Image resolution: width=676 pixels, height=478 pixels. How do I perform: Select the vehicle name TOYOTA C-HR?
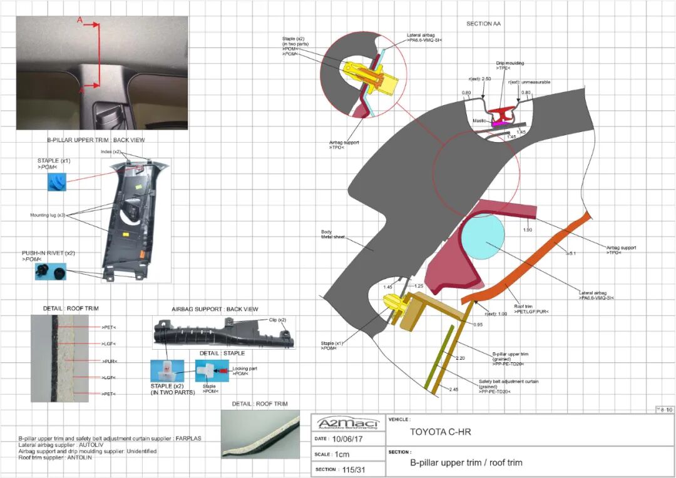pyautogui.click(x=439, y=432)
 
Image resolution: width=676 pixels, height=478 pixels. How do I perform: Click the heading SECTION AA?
pyautogui.click(x=484, y=24)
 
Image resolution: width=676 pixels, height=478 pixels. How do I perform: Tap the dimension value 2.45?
pyautogui.click(x=454, y=389)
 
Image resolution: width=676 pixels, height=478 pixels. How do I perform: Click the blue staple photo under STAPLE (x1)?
pyautogui.click(x=57, y=182)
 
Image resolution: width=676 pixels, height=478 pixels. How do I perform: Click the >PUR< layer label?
pyautogui.click(x=110, y=361)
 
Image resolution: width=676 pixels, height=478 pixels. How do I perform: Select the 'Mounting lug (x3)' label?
pyautogui.click(x=48, y=215)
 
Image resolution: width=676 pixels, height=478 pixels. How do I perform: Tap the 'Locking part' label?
pyautogui.click(x=245, y=369)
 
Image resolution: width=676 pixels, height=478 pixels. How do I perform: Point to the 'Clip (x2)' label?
pyautogui.click(x=278, y=320)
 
